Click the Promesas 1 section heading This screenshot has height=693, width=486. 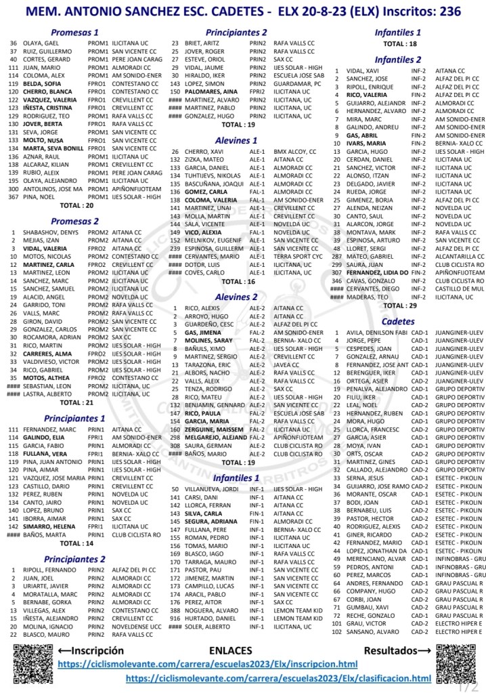(75, 33)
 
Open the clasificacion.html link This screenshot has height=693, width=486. (278, 678)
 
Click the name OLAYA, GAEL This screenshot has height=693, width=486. (43, 43)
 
